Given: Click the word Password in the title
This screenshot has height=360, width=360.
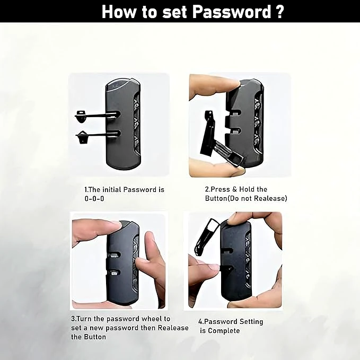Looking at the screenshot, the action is (231, 12).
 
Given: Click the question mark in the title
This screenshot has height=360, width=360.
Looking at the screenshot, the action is (279, 12).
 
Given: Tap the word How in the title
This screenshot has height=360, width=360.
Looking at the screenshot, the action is (118, 12).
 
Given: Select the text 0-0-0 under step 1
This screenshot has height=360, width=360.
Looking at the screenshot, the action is (94, 199).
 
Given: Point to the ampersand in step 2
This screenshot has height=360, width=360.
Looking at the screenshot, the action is (234, 189).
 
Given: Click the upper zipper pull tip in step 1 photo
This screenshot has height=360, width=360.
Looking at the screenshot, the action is (81, 117).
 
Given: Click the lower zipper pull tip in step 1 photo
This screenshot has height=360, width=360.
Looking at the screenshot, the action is (82, 137).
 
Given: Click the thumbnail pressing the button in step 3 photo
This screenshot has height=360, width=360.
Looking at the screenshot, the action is (116, 224).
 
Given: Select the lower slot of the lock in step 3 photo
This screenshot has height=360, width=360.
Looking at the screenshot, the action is (114, 273).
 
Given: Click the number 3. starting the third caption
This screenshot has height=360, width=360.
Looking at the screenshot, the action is (74, 319).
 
